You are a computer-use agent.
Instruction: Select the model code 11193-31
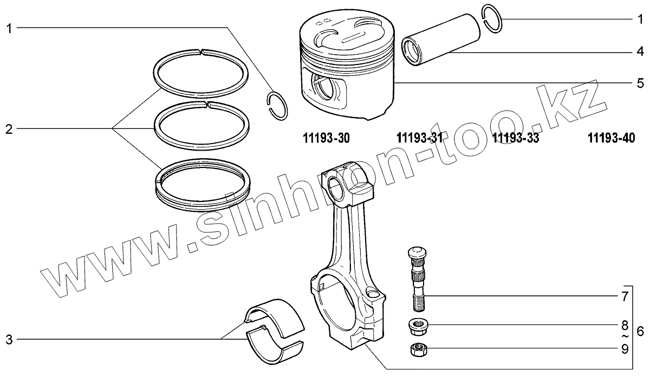(420, 139)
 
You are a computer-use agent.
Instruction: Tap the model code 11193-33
(516, 139)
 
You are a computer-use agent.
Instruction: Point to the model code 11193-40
(611, 139)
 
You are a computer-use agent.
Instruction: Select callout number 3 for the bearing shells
(8, 340)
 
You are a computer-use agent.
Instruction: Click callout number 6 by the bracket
(640, 331)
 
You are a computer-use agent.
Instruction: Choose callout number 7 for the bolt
(625, 297)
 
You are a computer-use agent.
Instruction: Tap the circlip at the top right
(492, 20)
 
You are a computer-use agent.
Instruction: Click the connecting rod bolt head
(416, 253)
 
